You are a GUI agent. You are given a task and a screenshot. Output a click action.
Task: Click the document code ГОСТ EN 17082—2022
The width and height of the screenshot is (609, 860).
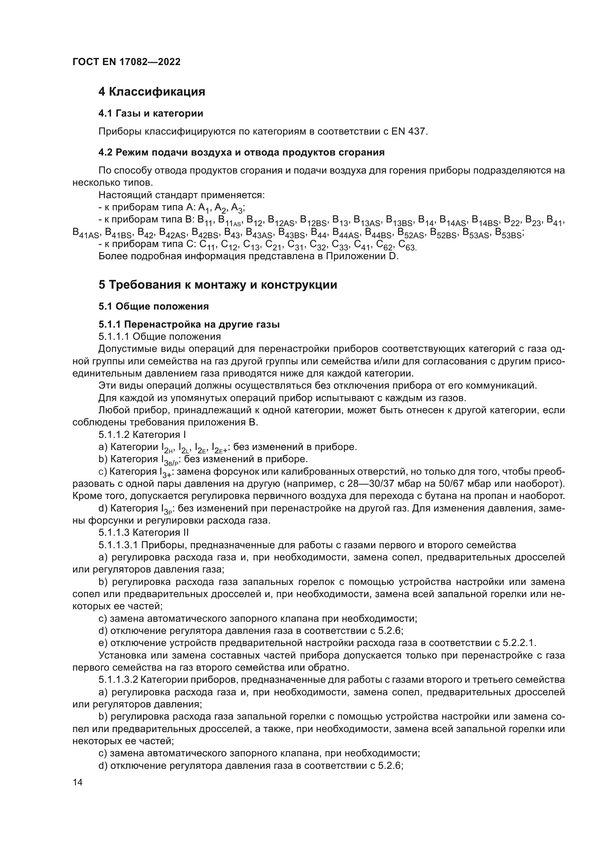(x=126, y=62)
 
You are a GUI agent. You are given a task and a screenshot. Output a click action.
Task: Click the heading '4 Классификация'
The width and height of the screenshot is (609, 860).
(x=152, y=92)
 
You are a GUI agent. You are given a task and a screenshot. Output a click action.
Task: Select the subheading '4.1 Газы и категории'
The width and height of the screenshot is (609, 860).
(x=151, y=113)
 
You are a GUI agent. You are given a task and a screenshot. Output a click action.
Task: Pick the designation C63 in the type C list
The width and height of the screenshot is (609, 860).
(x=407, y=245)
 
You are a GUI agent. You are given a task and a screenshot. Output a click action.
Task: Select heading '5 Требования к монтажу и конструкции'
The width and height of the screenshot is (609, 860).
(x=218, y=285)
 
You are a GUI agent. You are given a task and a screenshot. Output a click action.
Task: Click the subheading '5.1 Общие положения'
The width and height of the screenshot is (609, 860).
(x=154, y=306)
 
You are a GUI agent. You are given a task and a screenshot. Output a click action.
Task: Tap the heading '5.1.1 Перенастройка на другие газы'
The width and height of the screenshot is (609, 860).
(x=189, y=324)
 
